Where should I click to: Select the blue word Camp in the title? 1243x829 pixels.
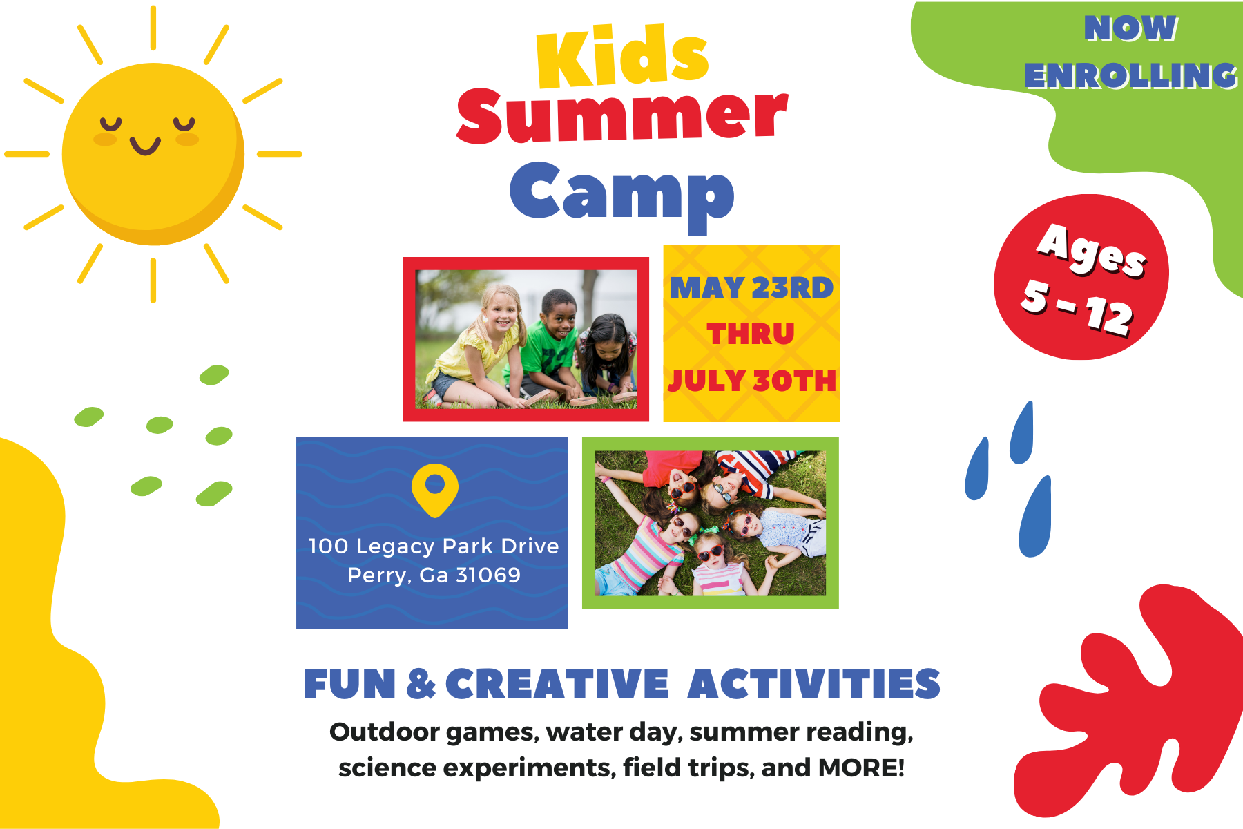621,193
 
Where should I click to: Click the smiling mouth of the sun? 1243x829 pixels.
145,146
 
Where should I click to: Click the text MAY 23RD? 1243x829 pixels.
751,288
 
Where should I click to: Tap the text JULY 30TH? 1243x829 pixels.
752,381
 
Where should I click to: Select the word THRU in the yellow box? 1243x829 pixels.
751,334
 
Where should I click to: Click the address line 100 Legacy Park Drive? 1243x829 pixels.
434,546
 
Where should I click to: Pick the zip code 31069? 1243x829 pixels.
488,575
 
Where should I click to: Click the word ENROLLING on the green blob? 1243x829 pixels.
1130,75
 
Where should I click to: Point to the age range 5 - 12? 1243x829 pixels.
1078,307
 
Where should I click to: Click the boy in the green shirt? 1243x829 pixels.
549,345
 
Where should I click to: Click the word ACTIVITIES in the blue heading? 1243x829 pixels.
814,685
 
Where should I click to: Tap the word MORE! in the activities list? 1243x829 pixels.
861,768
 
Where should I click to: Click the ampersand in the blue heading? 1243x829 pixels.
421,684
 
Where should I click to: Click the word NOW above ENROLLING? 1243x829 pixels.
1130,28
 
